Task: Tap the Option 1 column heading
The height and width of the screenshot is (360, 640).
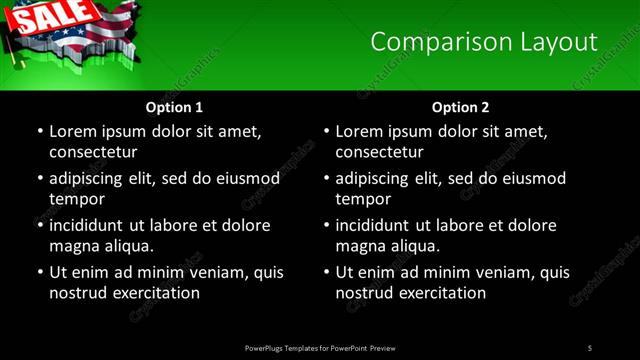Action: (x=174, y=106)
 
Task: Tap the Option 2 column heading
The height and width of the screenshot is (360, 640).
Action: (x=460, y=106)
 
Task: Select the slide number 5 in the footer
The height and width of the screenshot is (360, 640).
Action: (x=590, y=348)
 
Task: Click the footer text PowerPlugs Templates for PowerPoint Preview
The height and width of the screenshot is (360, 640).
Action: (x=319, y=348)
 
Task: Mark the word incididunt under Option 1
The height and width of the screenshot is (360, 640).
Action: (x=96, y=225)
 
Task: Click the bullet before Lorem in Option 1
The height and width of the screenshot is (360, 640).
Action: (x=39, y=131)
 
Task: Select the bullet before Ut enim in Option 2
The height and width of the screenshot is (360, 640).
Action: (x=326, y=272)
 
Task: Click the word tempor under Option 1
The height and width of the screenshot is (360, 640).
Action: (x=76, y=199)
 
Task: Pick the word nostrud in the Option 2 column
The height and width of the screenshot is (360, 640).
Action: (x=363, y=293)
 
